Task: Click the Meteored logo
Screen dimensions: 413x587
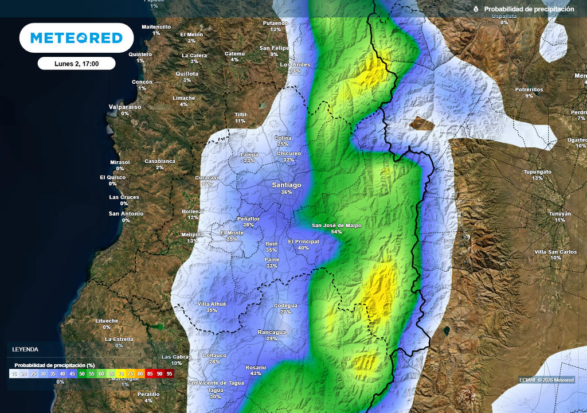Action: (76, 38)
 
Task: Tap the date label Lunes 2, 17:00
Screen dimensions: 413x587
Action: (76, 64)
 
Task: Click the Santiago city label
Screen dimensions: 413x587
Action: (286, 185)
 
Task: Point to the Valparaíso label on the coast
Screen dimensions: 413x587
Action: (125, 107)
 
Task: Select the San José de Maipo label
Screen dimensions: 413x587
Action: (336, 225)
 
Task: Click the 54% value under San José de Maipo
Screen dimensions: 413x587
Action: (336, 232)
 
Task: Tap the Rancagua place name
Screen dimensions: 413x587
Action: (272, 332)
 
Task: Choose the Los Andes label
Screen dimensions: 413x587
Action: (295, 65)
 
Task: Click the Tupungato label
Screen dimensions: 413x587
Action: (537, 172)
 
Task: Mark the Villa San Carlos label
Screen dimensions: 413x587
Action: (555, 252)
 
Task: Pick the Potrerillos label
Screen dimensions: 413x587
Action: (529, 89)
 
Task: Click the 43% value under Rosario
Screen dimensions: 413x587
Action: (256, 373)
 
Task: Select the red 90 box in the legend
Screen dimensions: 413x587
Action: (159, 373)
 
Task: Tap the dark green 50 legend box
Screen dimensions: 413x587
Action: (82, 373)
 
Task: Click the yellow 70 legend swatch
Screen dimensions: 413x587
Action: (121, 373)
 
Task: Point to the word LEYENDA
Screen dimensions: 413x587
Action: (25, 349)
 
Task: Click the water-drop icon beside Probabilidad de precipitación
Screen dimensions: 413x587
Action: (476, 9)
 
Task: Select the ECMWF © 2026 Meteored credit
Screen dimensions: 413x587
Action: (546, 380)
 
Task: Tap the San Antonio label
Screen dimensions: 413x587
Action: (126, 214)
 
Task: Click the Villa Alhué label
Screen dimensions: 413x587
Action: (212, 303)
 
